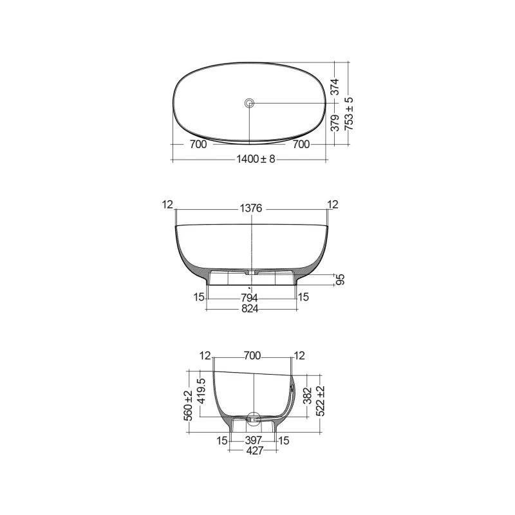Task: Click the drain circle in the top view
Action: (x=249, y=103)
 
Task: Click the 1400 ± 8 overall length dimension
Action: (x=256, y=159)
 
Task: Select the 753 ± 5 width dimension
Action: (x=349, y=114)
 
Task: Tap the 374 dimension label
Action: (x=335, y=87)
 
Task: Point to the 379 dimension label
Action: (x=335, y=123)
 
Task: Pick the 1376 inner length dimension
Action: (x=251, y=208)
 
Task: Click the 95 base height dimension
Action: (x=341, y=279)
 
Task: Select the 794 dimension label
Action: (x=249, y=298)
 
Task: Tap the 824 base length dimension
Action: (x=250, y=309)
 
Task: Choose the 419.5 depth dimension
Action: (x=201, y=391)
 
